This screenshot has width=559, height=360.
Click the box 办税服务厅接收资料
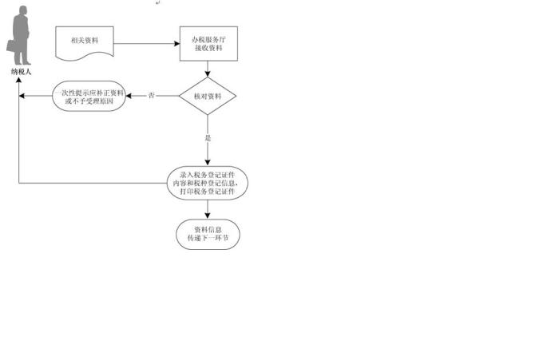click(208, 45)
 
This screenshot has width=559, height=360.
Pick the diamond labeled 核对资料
click(208, 97)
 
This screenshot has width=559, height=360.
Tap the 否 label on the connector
click(152, 97)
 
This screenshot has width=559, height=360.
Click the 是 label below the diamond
click(208, 138)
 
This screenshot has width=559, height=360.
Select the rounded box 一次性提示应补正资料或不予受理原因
click(89, 97)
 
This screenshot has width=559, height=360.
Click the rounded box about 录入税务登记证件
click(208, 183)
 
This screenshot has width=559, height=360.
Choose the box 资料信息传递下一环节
click(208, 233)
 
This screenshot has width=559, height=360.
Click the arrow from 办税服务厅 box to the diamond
click(208, 70)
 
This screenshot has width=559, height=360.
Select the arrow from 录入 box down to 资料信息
click(208, 209)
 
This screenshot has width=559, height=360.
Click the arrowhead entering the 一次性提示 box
click(130, 97)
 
